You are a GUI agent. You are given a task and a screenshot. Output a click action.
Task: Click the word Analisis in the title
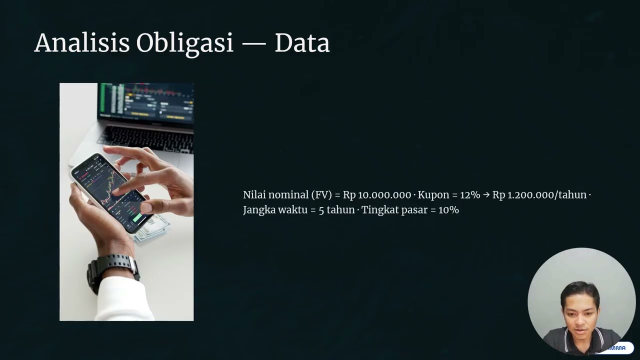(81, 43)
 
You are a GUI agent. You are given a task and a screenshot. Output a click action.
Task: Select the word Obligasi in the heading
(185, 44)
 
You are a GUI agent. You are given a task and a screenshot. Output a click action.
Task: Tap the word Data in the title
(302, 43)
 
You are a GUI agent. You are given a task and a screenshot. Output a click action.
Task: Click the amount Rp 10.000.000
(377, 195)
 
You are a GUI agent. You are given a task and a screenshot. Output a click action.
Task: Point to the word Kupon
(433, 195)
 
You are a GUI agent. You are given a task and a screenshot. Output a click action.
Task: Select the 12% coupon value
(469, 195)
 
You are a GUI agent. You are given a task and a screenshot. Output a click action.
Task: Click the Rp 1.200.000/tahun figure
(539, 195)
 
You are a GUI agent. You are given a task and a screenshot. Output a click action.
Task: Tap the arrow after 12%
(486, 195)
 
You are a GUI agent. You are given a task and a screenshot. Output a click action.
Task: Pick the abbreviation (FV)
(321, 195)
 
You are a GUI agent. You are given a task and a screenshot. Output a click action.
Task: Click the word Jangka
(259, 210)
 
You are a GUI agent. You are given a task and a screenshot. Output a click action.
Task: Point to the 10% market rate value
(448, 210)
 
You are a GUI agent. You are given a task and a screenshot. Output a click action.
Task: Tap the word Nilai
(254, 195)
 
